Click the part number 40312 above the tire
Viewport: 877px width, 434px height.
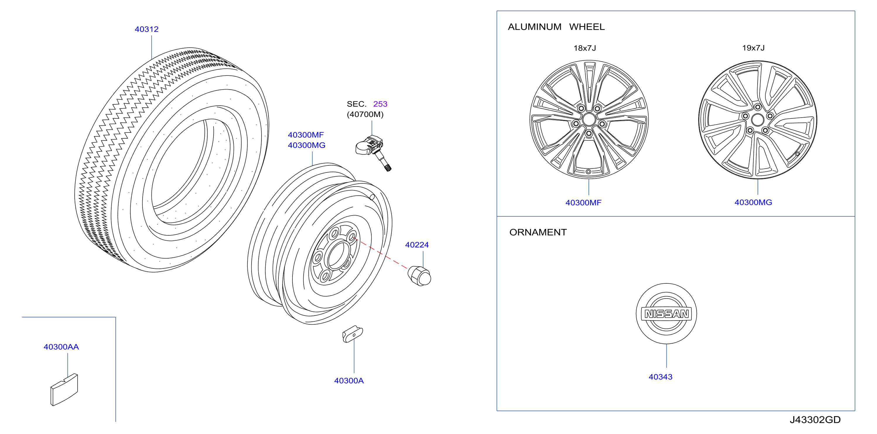tap(146, 29)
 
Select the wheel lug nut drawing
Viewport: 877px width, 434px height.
tap(419, 276)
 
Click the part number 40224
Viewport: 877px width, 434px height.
tap(417, 245)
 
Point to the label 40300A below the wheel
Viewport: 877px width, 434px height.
tap(349, 380)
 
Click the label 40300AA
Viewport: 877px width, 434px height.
tap(61, 347)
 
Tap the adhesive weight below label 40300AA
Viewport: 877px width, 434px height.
tap(64, 390)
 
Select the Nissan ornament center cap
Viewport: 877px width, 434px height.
tap(666, 314)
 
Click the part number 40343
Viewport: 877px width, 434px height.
tap(661, 377)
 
